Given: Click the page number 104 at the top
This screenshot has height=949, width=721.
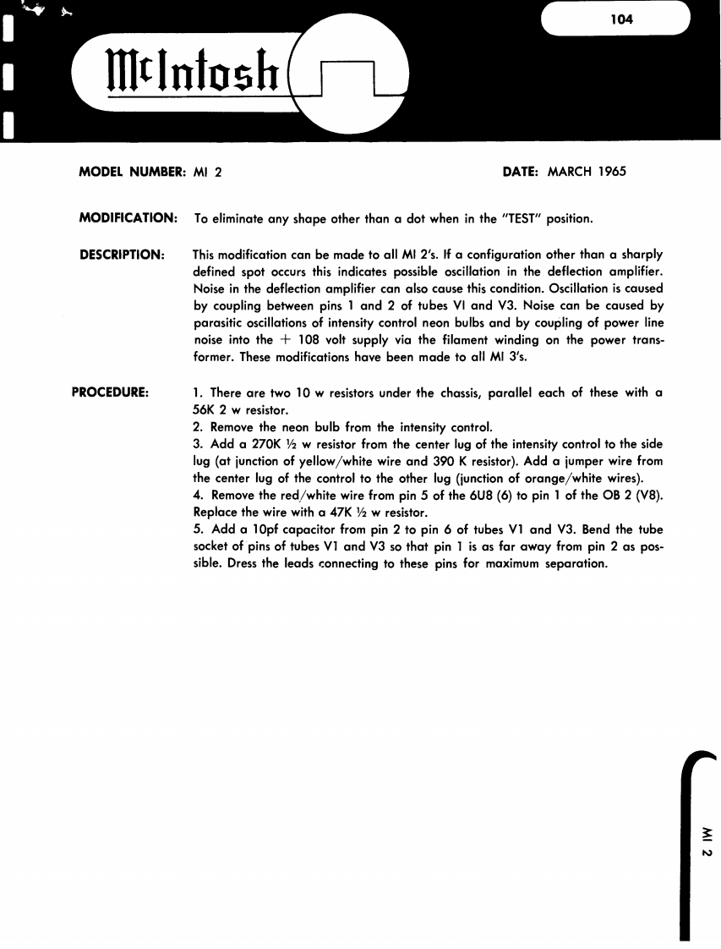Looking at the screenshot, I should (621, 19).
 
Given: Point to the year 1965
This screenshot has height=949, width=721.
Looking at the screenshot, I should (608, 172).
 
